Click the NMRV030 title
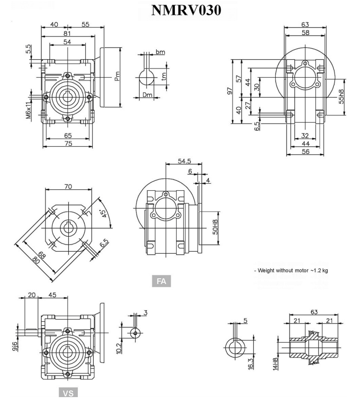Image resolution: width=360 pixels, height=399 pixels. [x=186, y=10]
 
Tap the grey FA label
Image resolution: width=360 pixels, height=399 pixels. [x=161, y=282]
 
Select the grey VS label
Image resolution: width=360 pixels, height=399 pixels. [x=67, y=393]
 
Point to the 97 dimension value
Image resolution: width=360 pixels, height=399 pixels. [x=230, y=91]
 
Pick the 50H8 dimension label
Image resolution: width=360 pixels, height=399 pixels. [x=215, y=227]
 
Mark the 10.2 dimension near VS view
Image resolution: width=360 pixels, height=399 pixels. [x=119, y=348]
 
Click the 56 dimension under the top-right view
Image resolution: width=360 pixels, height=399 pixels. [x=305, y=151]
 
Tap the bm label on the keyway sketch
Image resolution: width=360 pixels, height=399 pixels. [x=161, y=52]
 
